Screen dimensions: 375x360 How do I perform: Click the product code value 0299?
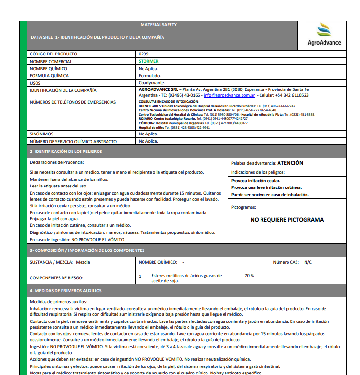pos(144,54)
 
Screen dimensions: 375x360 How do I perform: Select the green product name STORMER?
pos(149,61)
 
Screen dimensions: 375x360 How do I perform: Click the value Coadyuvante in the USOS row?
pos(152,82)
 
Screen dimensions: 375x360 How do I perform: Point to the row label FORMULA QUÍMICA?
pos(49,75)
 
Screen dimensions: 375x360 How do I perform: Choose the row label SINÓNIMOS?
pos(41,134)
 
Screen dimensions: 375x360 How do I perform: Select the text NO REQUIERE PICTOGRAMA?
pos(287,220)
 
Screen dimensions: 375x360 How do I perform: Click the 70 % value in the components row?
pos(249,276)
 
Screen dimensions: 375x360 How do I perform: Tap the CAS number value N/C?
pos(308,262)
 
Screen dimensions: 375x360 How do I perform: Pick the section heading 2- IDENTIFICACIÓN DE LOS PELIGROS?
pos(66,152)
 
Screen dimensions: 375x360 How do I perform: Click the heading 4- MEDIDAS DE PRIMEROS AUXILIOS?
pos(65,291)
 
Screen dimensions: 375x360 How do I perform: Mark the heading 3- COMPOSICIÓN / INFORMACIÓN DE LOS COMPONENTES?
pos(87,250)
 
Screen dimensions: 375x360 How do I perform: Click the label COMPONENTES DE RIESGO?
pos(56,278)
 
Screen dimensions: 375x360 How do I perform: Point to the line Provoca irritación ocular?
pos(256,181)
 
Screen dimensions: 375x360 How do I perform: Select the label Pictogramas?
pos(243,207)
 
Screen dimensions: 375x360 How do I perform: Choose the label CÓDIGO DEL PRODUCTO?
pos(54,54)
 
